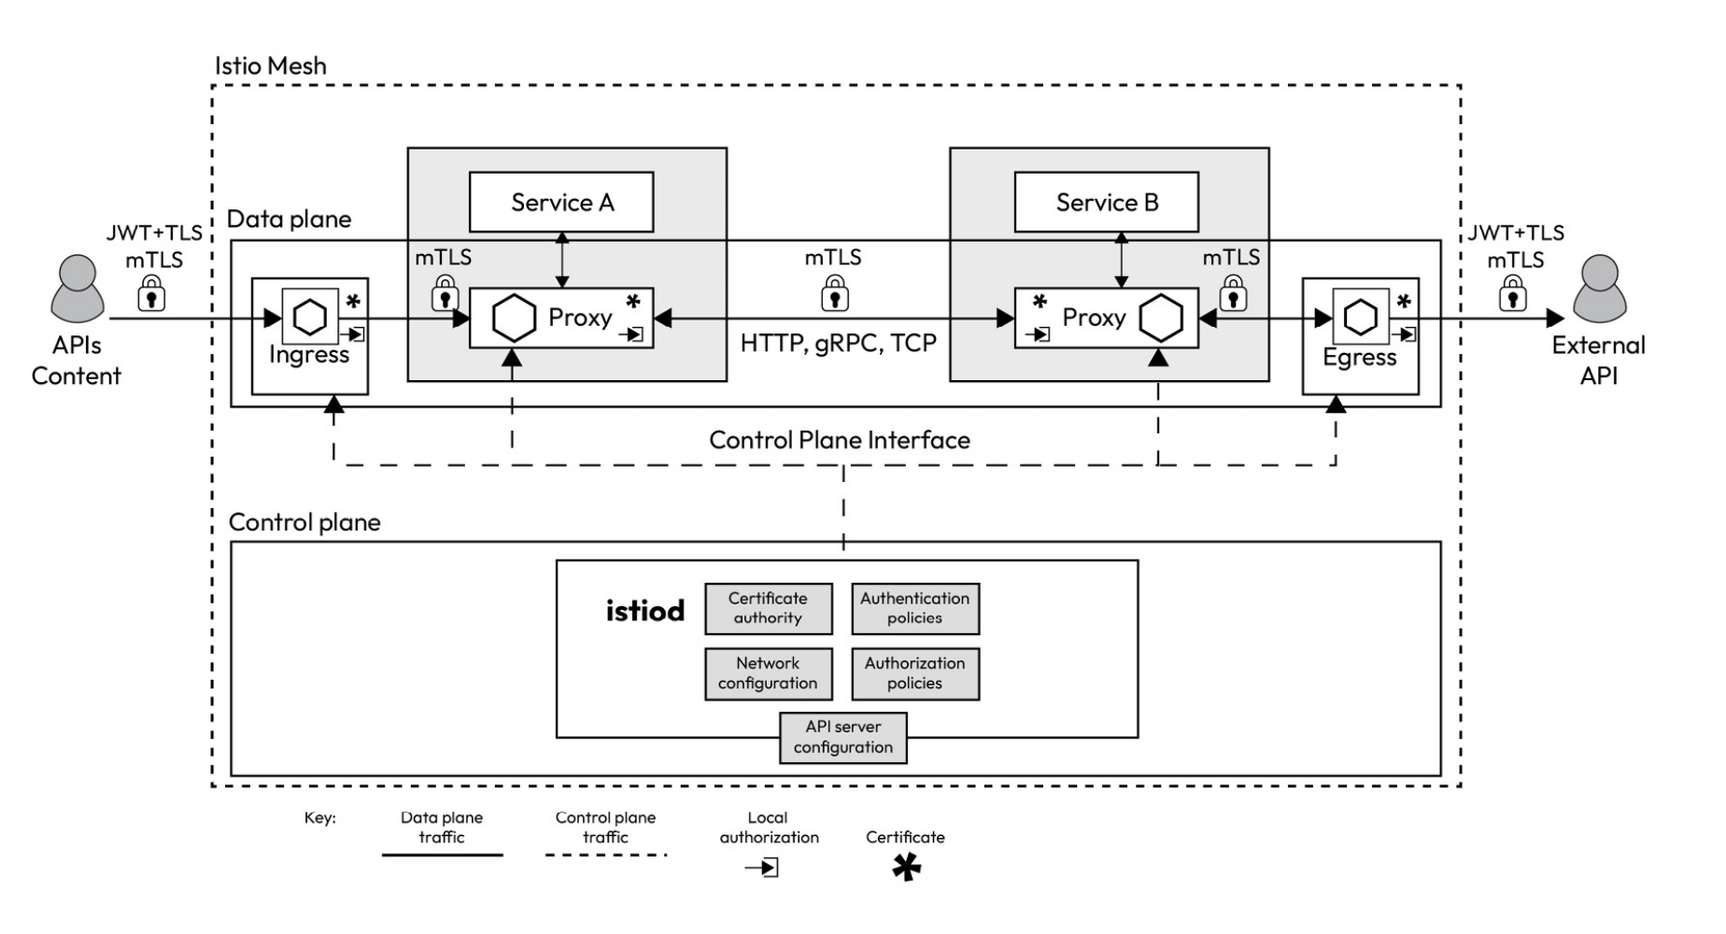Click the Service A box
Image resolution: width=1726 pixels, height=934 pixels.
(561, 202)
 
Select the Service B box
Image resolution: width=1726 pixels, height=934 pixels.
(1107, 202)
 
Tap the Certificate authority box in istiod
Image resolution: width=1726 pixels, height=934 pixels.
(768, 608)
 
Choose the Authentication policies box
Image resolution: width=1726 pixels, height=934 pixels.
(915, 608)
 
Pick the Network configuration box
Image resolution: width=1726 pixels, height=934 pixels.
(768, 673)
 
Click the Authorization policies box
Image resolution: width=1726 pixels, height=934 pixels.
(915, 673)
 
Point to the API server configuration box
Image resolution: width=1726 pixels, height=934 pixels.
(843, 737)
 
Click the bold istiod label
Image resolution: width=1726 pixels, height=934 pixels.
(644, 611)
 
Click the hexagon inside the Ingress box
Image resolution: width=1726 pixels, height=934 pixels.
(310, 317)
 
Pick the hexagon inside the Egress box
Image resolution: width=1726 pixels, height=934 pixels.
(1360, 317)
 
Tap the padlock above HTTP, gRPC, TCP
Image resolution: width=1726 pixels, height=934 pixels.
(834, 294)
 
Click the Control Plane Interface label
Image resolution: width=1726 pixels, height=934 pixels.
(840, 440)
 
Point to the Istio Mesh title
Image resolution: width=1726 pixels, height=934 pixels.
(271, 66)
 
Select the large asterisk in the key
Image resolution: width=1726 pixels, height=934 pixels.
(906, 868)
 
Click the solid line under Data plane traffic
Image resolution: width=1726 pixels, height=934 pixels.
(442, 855)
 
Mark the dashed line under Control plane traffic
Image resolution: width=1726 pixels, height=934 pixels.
(606, 855)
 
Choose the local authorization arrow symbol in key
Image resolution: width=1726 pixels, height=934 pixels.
(762, 868)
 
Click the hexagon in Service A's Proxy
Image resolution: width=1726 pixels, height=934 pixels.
(513, 318)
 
